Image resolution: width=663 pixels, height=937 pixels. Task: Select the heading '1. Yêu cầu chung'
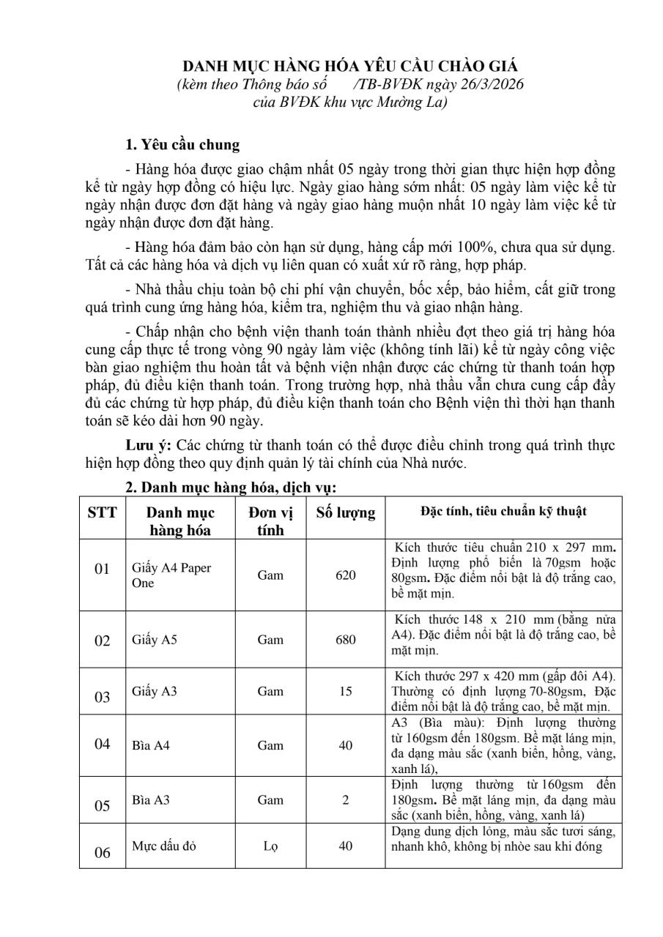point(182,143)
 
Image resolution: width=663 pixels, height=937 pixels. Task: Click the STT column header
point(103,512)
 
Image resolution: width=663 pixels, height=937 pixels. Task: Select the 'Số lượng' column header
point(345,513)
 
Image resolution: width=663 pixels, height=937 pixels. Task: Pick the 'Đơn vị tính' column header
point(270,521)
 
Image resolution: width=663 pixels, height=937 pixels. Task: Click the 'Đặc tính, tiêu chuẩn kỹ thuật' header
point(503,512)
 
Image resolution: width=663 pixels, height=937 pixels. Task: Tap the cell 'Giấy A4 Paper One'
point(161,575)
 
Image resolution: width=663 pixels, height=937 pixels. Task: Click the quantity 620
point(346,575)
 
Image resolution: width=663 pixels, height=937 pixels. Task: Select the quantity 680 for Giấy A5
point(346,640)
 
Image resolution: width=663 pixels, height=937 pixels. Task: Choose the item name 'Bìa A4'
point(147,746)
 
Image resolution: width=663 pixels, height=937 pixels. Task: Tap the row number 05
point(103,806)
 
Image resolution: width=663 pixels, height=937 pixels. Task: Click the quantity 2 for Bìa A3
point(346,800)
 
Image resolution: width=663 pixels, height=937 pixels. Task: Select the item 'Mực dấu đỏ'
point(163,846)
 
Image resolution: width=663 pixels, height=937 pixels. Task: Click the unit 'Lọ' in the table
point(270,846)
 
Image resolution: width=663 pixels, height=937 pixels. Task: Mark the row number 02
point(103,641)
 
